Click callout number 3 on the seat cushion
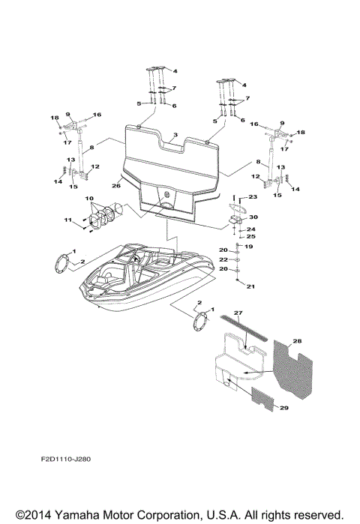[x=175, y=136]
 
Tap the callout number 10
[x=89, y=199]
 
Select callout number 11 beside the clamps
[x=67, y=220]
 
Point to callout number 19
[x=250, y=246]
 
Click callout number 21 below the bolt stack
[x=250, y=286]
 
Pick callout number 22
[x=223, y=259]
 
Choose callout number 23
[x=253, y=196]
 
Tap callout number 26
[x=115, y=185]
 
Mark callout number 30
[x=252, y=217]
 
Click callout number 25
[x=252, y=237]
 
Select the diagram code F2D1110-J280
[x=67, y=475]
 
